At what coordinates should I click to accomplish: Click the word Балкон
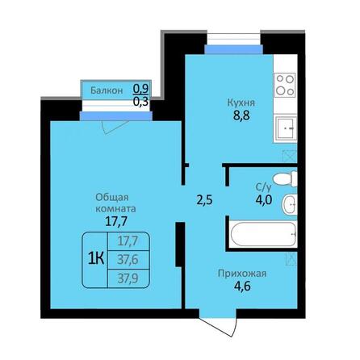point(107,90)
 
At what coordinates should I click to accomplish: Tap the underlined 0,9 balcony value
point(140,89)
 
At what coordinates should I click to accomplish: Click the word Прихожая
point(243,272)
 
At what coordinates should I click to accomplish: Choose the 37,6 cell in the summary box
point(128,258)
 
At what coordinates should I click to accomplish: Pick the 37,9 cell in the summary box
point(128,277)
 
